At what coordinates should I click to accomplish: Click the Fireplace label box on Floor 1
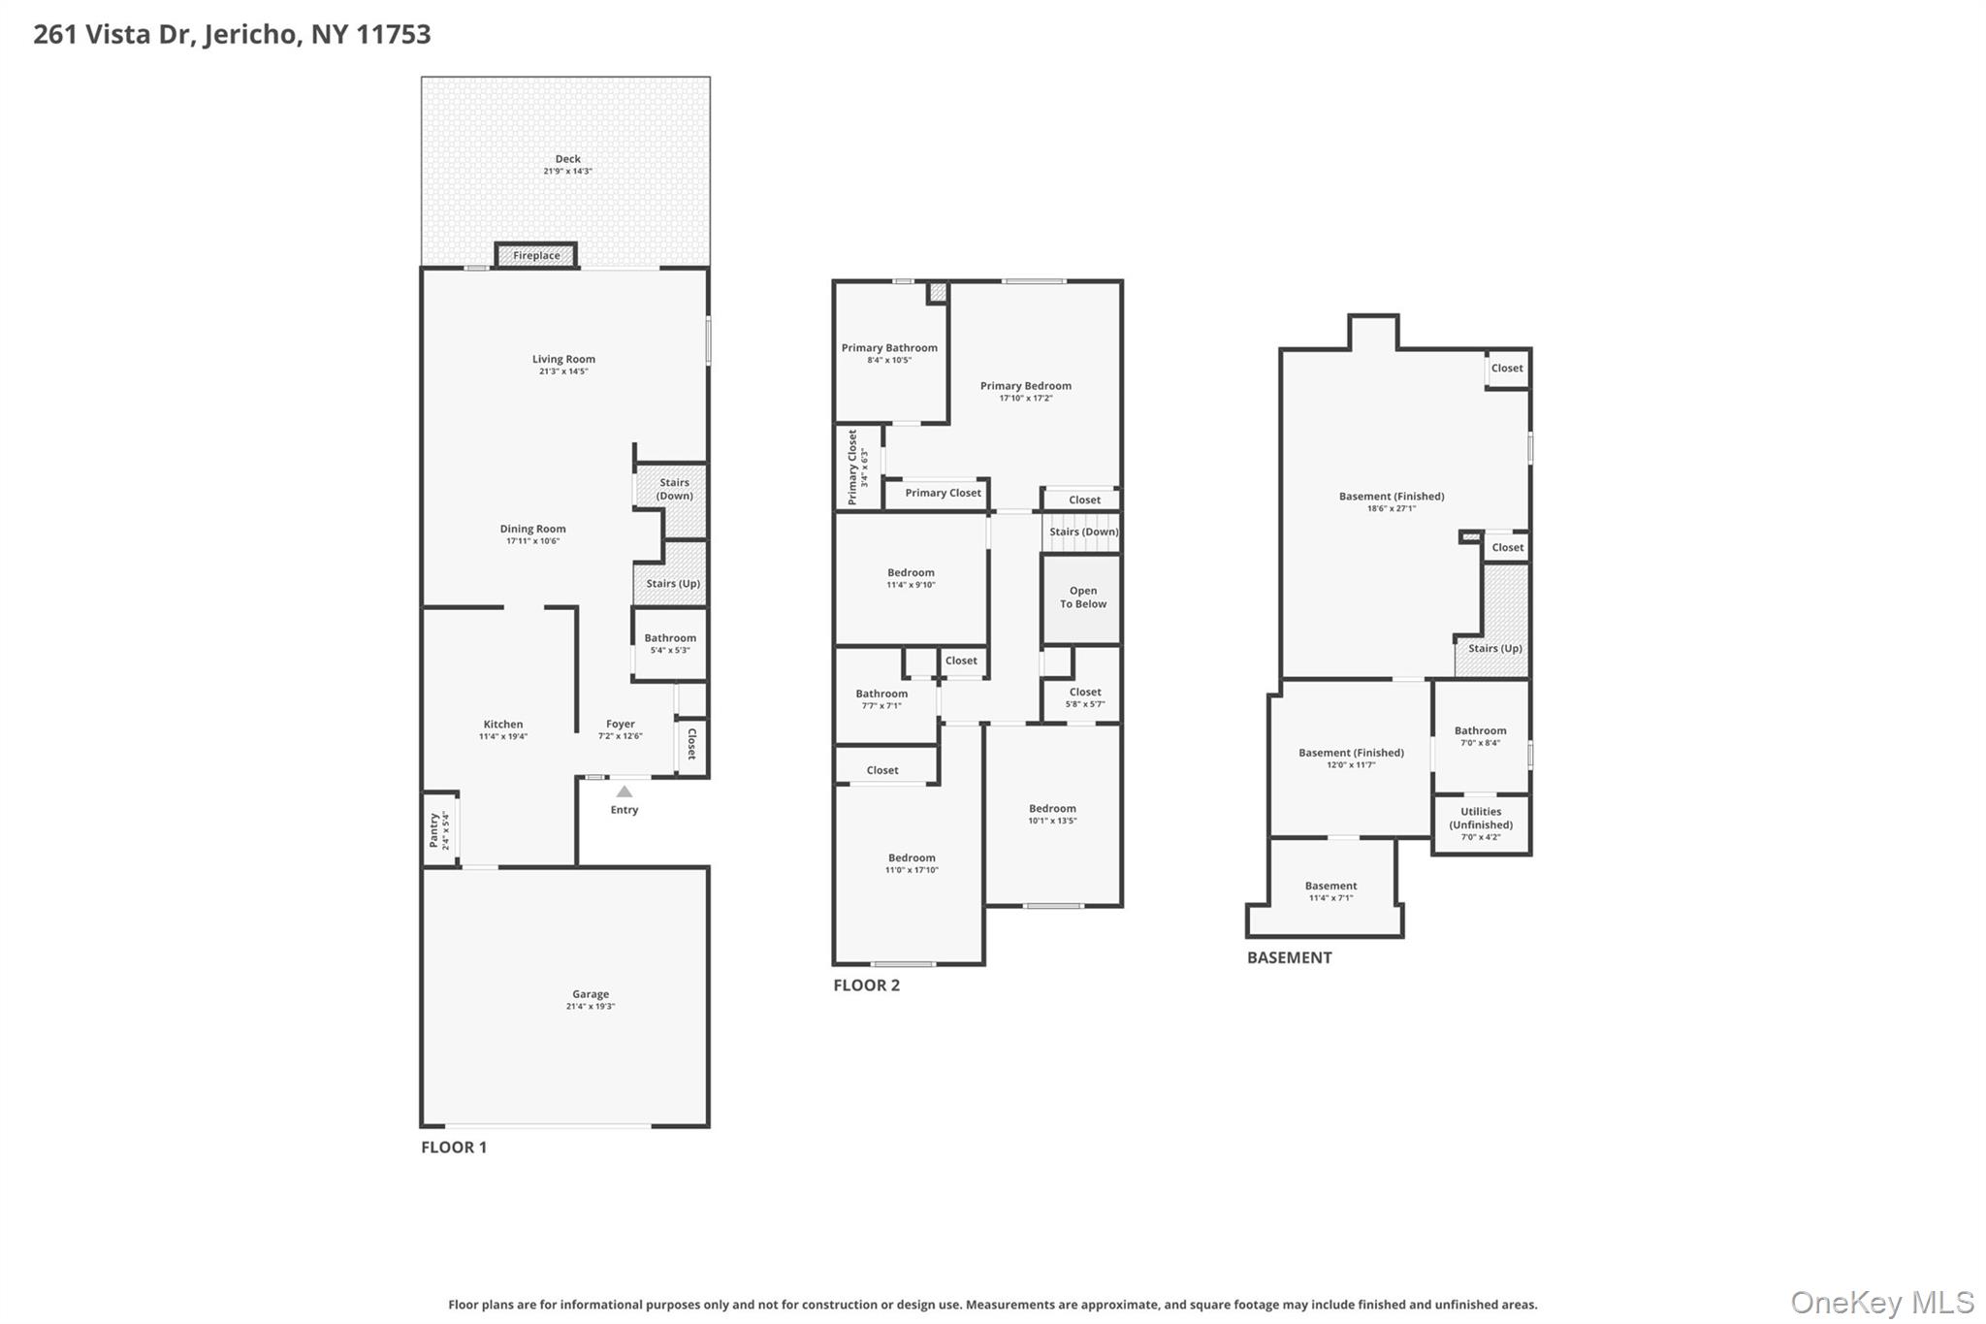[536, 256]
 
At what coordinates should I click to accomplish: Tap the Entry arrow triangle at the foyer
[625, 791]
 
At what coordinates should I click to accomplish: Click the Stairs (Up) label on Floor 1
[673, 584]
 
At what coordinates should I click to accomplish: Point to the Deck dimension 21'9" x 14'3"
[567, 172]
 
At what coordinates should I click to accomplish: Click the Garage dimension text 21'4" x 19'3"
[591, 1007]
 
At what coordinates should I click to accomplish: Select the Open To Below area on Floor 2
[1082, 598]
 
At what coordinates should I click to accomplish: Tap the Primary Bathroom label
[889, 348]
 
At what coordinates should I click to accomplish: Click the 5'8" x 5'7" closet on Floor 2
[1084, 698]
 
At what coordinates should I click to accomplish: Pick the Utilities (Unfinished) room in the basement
[1481, 823]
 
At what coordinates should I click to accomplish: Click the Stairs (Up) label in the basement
[1494, 649]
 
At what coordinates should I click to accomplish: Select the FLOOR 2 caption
[866, 985]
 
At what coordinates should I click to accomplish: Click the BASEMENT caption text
[1289, 958]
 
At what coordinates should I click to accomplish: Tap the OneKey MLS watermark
[1881, 1303]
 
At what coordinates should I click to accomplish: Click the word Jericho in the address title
[252, 35]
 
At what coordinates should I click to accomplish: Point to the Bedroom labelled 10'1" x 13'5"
[1052, 814]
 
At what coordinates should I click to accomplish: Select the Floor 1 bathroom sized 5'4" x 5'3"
[670, 644]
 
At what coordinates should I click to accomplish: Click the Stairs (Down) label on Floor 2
[1083, 532]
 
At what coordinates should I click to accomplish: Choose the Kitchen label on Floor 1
[503, 725]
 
